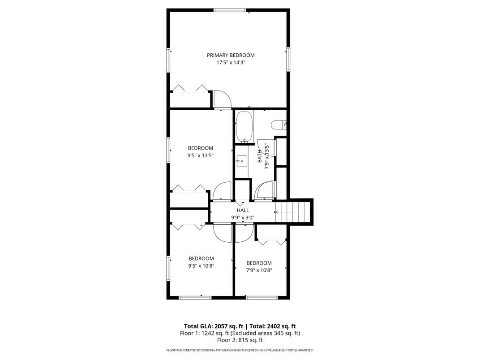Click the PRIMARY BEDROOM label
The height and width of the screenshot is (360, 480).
click(x=231, y=55)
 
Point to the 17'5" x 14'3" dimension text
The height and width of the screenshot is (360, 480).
click(x=231, y=62)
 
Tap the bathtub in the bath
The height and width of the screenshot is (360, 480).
click(x=244, y=127)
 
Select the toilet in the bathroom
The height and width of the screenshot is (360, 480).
click(x=279, y=124)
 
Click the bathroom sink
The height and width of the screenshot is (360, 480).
click(x=241, y=161)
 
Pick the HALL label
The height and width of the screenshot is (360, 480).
click(x=243, y=210)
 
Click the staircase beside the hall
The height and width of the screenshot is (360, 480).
click(x=293, y=212)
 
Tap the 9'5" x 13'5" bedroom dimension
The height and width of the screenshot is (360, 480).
click(x=201, y=155)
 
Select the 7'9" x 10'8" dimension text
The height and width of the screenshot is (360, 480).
click(x=259, y=270)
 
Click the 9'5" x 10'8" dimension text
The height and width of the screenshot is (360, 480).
click(x=201, y=266)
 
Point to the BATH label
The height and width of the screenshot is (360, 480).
click(x=260, y=156)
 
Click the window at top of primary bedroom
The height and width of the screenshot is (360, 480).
click(x=230, y=10)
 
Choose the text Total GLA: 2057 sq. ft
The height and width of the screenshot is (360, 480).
click(x=214, y=326)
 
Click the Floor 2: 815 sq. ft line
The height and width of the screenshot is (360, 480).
click(x=240, y=340)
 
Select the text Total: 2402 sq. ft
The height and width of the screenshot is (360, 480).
click(x=273, y=326)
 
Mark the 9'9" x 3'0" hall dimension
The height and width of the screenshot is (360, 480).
click(x=243, y=218)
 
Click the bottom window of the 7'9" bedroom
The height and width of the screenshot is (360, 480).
click(x=262, y=298)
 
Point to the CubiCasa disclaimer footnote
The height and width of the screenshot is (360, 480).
click(x=240, y=350)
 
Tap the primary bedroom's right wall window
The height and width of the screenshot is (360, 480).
click(x=288, y=60)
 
